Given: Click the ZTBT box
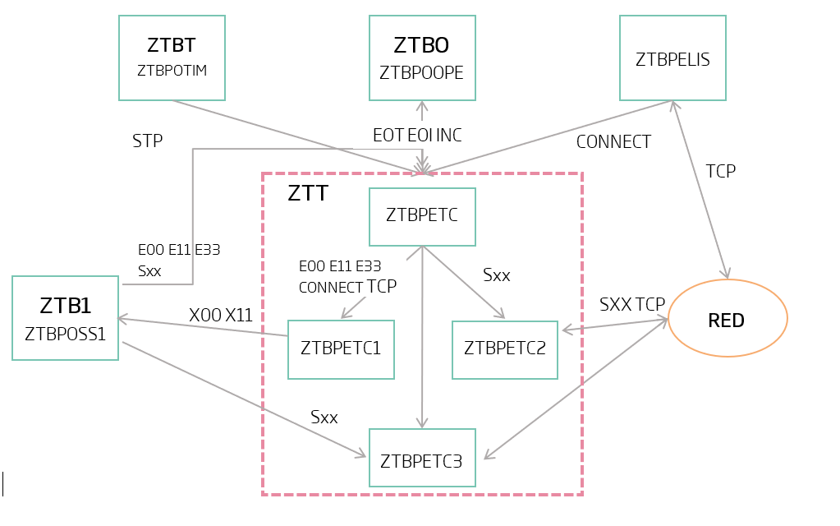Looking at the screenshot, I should click(x=172, y=58).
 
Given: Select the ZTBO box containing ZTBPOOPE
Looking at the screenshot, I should click(x=421, y=58).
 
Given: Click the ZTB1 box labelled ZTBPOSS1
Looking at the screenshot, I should click(x=65, y=318).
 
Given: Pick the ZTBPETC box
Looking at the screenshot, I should click(x=422, y=217).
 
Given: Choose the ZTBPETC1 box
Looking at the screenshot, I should click(x=341, y=348).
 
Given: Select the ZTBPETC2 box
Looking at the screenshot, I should click(x=505, y=348).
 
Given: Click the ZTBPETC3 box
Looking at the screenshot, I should click(x=422, y=460).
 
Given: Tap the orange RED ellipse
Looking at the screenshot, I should click(x=728, y=319).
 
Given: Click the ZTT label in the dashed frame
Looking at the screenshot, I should click(x=308, y=194).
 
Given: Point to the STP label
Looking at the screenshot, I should click(x=148, y=141).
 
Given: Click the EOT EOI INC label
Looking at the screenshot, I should click(x=417, y=136).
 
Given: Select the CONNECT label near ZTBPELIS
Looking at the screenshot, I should click(x=613, y=142).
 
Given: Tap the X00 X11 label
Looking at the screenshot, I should click(x=221, y=315).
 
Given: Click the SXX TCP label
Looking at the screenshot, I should click(x=632, y=304).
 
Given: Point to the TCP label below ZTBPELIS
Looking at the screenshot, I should click(x=721, y=171).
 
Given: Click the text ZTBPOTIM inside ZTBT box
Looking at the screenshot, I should click(x=172, y=71).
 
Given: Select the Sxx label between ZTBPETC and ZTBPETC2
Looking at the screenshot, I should click(x=497, y=275).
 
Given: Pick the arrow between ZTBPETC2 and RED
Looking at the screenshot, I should click(x=614, y=325).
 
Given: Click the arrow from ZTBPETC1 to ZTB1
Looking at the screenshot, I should click(x=202, y=325).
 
